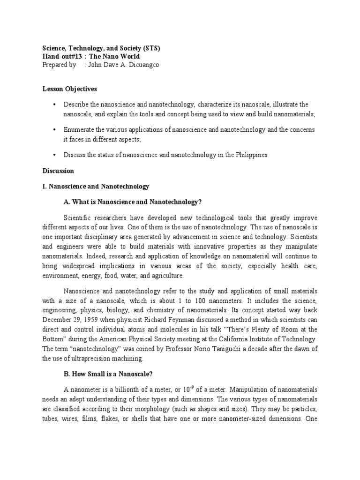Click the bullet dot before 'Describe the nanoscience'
click(x=55, y=104)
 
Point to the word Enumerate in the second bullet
click(x=80, y=129)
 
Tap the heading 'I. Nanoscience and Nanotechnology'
click(x=96, y=187)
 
